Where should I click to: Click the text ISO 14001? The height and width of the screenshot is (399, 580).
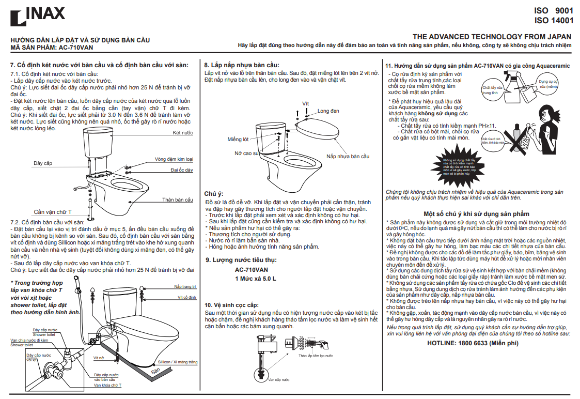[x=554, y=21]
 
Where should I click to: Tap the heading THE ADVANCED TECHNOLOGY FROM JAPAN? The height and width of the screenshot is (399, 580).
[x=492, y=37]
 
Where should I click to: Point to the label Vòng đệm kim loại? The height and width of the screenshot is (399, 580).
[x=174, y=159]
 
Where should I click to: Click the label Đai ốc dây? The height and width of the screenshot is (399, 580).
[x=182, y=170]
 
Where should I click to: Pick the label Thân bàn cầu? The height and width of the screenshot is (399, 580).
[x=178, y=200]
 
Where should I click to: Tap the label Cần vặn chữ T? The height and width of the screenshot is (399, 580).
[x=53, y=212]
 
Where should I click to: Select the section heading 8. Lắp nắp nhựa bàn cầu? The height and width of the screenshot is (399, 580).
[x=241, y=65]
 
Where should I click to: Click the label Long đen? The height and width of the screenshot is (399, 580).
[x=328, y=111]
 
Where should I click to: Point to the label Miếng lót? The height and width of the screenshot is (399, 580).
[x=238, y=140]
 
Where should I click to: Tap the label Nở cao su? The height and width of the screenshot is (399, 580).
[x=246, y=154]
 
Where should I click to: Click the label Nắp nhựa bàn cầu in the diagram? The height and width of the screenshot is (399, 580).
[x=348, y=156]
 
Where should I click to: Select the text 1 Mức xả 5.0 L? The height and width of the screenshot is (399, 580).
[x=256, y=279]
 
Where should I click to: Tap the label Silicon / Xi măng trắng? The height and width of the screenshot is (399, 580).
[x=177, y=362]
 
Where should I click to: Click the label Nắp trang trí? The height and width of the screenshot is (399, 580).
[x=185, y=286]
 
